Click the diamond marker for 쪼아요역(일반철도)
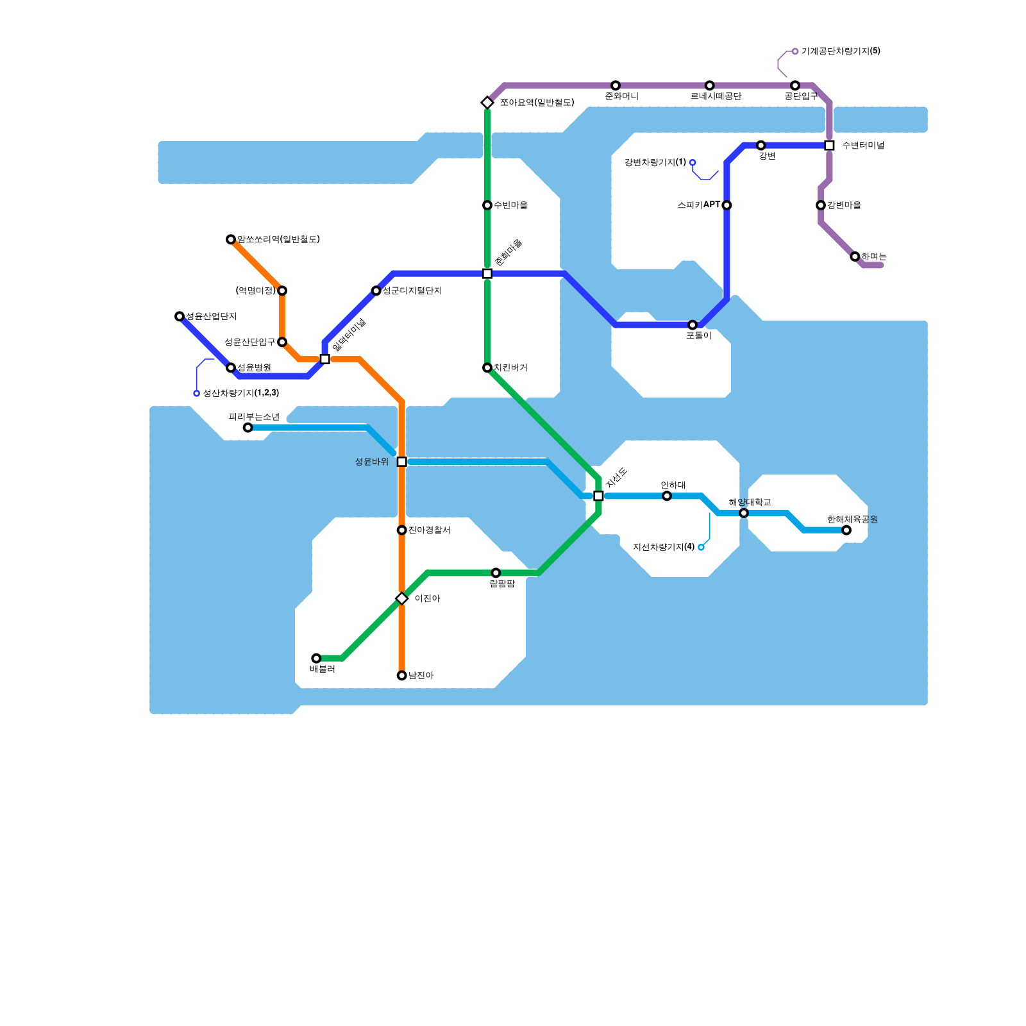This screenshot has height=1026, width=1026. tap(487, 103)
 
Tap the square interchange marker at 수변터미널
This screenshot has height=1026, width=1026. tap(829, 146)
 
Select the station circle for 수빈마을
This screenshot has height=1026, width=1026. tap(487, 205)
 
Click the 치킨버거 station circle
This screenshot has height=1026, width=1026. tap(487, 367)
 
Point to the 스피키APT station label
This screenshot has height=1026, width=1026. tap(698, 205)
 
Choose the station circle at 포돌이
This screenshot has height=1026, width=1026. tap(693, 325)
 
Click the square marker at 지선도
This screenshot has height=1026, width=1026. tap(598, 496)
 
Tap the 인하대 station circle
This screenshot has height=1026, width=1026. tap(667, 496)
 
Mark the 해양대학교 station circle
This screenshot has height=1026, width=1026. tap(744, 513)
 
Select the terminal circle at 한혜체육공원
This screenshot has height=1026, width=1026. tap(846, 530)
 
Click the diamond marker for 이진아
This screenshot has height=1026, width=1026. tap(401, 598)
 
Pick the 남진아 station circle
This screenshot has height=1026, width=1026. tap(401, 675)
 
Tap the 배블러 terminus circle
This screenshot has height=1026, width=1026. tap(316, 658)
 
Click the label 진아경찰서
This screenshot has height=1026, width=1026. tap(429, 530)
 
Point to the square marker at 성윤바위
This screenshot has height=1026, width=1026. tap(401, 462)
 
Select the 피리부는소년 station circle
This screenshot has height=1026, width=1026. tap(248, 427)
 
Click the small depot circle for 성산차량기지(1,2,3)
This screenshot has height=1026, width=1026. tap(197, 393)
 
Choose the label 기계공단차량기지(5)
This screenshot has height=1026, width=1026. tap(841, 51)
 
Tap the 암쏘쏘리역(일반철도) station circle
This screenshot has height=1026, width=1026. tap(231, 239)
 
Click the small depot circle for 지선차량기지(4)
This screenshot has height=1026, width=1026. tap(701, 547)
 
